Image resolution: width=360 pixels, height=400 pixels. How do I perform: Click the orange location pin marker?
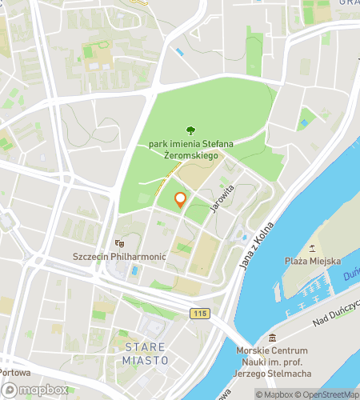pos(180,200)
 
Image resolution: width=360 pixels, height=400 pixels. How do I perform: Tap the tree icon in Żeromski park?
pos(190,130)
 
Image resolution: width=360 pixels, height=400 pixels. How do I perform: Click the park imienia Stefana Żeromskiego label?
pos(190,150)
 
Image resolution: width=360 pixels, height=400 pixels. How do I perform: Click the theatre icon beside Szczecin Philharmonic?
pos(120,242)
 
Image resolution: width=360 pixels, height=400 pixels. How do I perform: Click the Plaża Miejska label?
pos(313,261)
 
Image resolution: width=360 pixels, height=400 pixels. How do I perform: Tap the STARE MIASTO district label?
pos(146,353)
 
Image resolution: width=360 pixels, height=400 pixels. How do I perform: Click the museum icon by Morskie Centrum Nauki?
pos(272,337)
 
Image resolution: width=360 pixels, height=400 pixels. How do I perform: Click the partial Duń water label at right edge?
pos(350,273)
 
